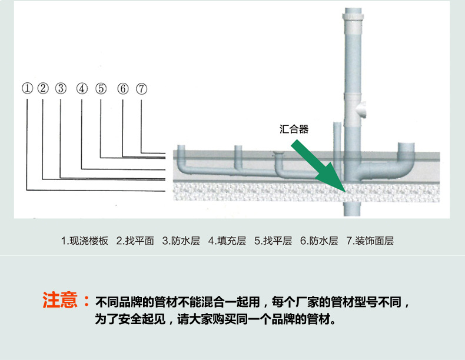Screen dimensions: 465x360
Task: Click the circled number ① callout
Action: pos(27,88)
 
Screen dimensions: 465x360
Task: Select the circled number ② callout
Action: pos(43,88)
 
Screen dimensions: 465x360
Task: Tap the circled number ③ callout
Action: pos(61,88)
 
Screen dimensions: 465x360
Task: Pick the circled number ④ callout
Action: pos(82,89)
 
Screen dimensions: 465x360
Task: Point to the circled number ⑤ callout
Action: pos(101,89)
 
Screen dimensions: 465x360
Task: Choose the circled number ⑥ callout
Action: pos(123,89)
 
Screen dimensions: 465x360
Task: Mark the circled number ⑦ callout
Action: pos(141,89)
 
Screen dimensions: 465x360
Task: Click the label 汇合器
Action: pos(294,129)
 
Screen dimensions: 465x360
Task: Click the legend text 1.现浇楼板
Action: pos(85,241)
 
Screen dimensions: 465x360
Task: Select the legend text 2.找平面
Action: pos(135,241)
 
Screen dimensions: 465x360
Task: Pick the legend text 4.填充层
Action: pos(227,241)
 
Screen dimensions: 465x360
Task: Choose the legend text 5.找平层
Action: pos(273,241)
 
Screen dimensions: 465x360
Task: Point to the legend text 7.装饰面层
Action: pos(370,241)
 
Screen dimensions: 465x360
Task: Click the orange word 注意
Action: pos(60,300)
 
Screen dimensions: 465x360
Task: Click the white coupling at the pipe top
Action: pos(353,17)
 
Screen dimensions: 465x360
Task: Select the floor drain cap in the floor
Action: pos(278,154)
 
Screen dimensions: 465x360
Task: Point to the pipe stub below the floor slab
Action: pos(352,209)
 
